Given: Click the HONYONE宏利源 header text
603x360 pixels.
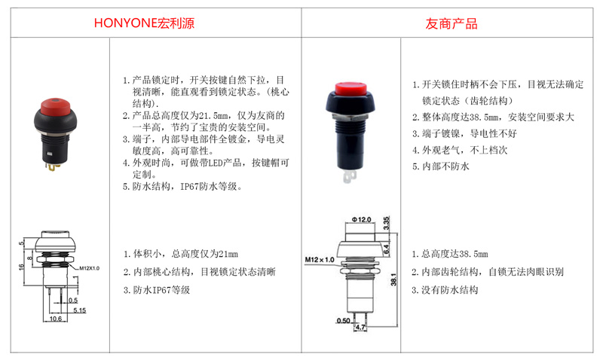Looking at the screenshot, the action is pos(144,23).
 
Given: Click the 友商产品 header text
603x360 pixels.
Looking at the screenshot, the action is pos(451,24).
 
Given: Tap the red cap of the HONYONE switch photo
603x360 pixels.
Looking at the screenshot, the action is pos(56,107).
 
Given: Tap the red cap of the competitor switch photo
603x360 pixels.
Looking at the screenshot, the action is pos(350,89).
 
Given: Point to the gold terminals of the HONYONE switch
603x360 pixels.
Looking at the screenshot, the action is pos(52,166).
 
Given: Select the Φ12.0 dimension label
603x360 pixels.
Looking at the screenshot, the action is pos(361,219).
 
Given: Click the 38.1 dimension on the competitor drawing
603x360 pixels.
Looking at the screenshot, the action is pos(393,279).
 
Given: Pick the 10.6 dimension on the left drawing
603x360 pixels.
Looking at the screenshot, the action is pos(55,319).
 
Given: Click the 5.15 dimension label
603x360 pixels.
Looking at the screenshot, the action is pos(80,310).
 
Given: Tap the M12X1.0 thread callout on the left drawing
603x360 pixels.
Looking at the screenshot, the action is pos(89,268).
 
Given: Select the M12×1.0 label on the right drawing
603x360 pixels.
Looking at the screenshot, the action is pos(320,259).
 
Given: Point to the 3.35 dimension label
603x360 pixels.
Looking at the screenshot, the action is pos(386,223).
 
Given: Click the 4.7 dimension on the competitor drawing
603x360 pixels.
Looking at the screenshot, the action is pos(360,327).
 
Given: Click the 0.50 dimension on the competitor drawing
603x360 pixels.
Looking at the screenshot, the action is pos(344,320).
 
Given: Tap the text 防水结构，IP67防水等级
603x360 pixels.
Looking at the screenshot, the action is pos(182,187).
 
